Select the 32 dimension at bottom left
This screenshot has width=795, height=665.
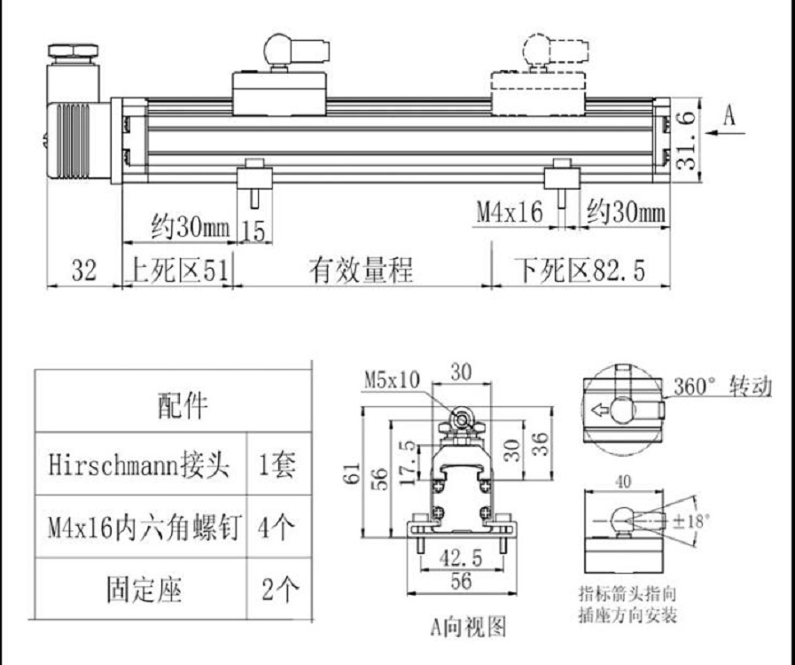tap(83, 271)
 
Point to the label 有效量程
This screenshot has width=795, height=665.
tap(361, 271)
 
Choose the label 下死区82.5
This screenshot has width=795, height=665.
tap(581, 271)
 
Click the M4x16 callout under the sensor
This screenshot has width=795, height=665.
tap(509, 213)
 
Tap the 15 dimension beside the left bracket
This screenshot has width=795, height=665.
tap(253, 231)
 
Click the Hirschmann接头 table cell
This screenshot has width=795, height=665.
tap(139, 466)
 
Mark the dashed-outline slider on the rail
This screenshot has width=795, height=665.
tap(539, 92)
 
